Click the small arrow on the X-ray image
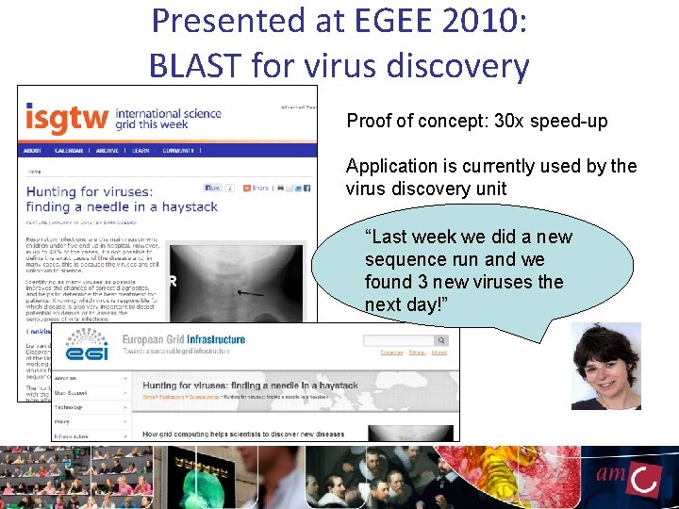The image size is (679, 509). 251,293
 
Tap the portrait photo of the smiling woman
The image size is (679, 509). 605,367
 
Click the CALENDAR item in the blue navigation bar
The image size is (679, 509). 69,151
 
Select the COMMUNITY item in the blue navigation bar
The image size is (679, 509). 178,151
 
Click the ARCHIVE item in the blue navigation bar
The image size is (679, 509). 107,151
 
